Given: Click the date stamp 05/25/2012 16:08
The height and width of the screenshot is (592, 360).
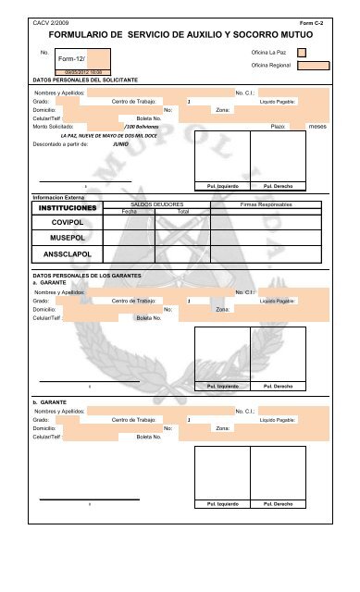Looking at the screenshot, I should (83, 71).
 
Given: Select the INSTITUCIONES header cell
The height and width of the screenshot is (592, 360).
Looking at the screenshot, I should (63, 210).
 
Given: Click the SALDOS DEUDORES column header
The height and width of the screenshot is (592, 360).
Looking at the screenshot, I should (157, 203).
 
